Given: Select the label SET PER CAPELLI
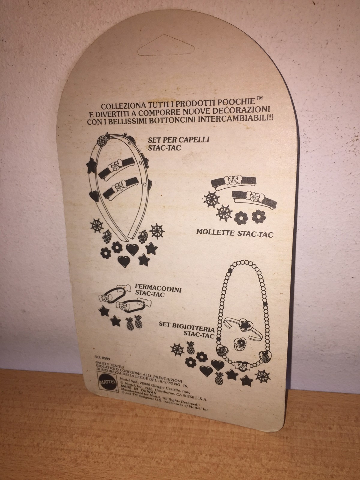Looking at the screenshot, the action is tap(178, 140).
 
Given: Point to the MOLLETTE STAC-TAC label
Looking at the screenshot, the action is tap(235, 233).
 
